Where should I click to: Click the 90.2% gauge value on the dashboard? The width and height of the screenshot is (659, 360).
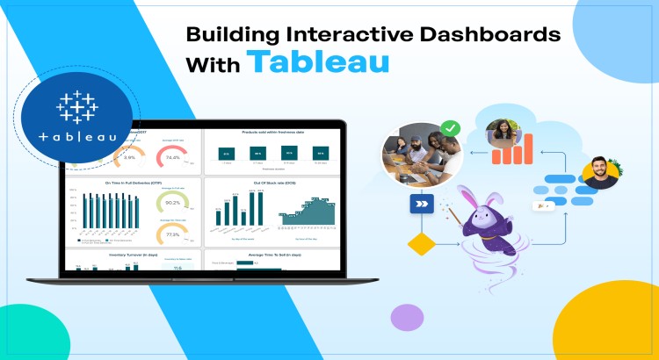click(x=173, y=203)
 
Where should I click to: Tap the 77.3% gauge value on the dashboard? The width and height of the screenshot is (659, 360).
click(x=173, y=235)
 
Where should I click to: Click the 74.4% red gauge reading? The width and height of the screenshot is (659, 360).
click(x=173, y=158)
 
